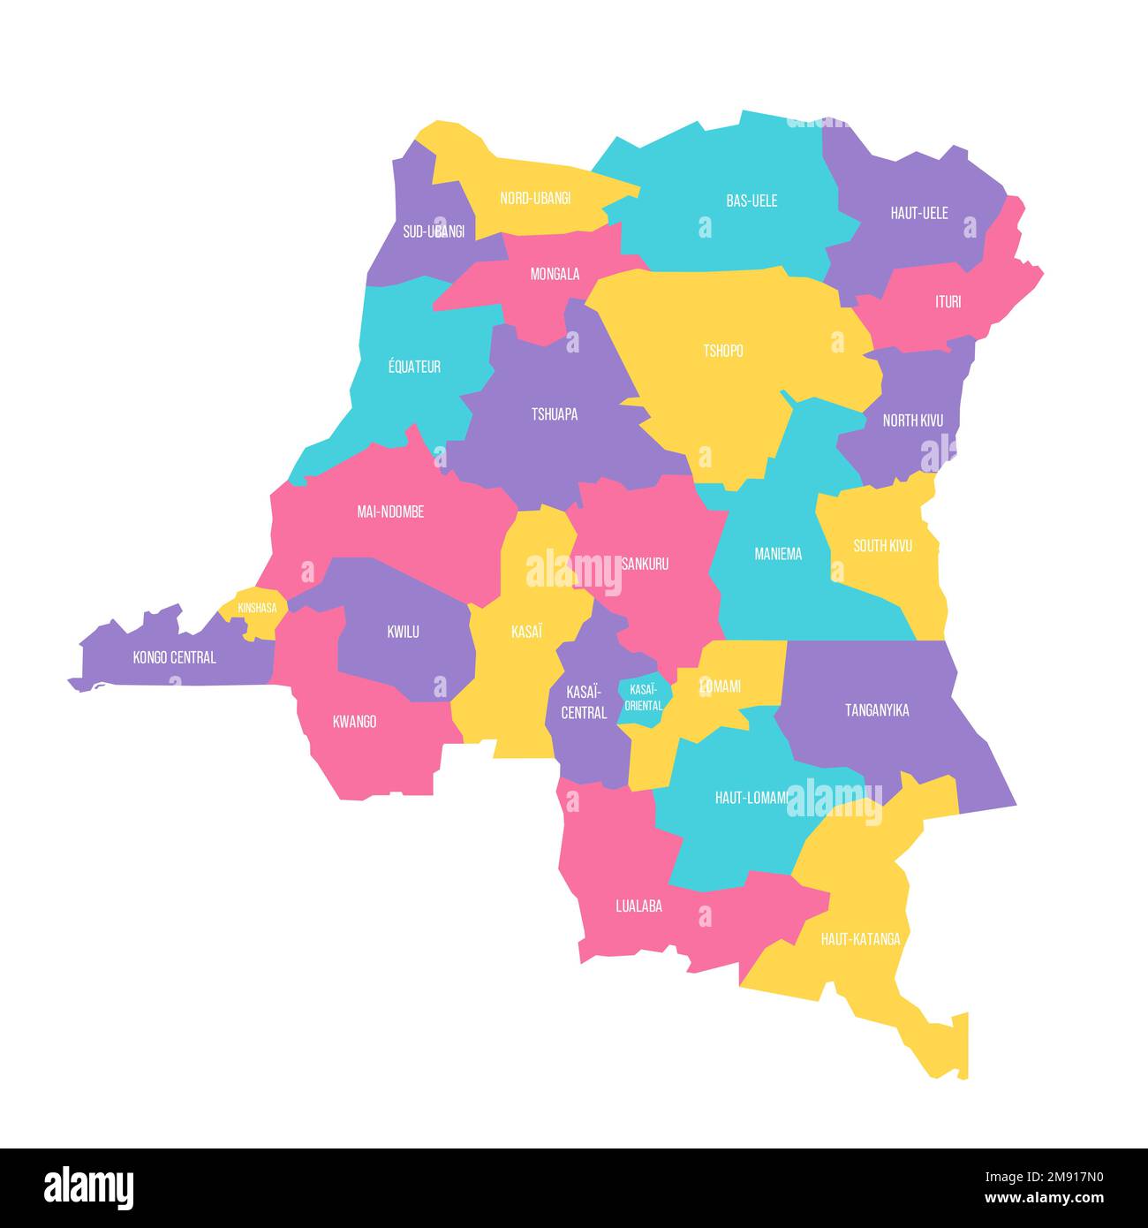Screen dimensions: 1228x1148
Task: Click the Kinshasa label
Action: coord(257,608)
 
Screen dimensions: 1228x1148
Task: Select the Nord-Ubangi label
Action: coord(535,198)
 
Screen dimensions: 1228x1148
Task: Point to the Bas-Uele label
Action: coord(751,201)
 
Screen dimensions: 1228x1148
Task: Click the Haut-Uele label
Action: coord(919,213)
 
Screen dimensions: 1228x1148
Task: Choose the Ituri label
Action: coord(948,302)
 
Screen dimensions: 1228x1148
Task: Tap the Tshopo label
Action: coord(723,351)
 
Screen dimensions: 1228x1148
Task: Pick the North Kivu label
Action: coord(913,421)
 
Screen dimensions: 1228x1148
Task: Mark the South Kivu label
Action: coord(882,546)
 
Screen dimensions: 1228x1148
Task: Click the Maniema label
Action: coord(778,554)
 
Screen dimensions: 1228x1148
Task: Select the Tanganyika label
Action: coord(877,710)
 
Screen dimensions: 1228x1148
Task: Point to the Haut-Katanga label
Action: coord(861,939)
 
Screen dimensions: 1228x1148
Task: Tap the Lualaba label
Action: coord(638,906)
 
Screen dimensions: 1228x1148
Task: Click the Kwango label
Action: coord(355,722)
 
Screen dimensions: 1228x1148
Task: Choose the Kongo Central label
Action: coord(174,657)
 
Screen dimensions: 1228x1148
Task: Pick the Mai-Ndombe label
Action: coord(390,512)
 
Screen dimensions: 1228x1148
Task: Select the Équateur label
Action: coord(414,367)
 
